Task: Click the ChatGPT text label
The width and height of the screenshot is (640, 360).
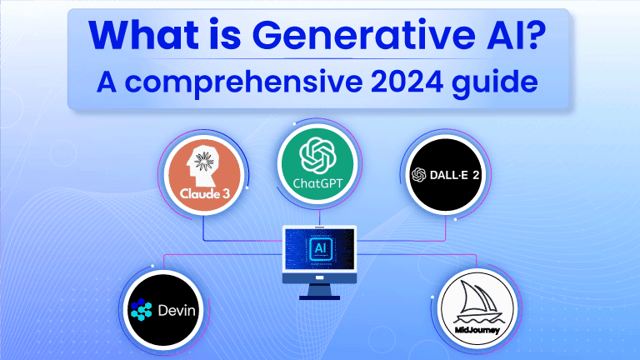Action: pos(320,182)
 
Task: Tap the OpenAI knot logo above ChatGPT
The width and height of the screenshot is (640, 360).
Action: pos(320,153)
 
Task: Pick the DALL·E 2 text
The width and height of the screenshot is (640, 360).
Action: pos(457,175)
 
